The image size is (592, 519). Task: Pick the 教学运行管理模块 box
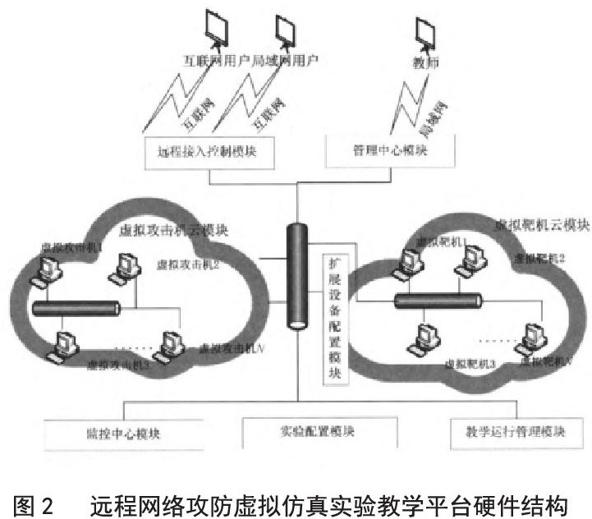pyautogui.click(x=510, y=431)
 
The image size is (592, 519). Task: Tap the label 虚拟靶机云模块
pyautogui.click(x=541, y=223)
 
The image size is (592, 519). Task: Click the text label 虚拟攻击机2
pyautogui.click(x=188, y=264)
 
